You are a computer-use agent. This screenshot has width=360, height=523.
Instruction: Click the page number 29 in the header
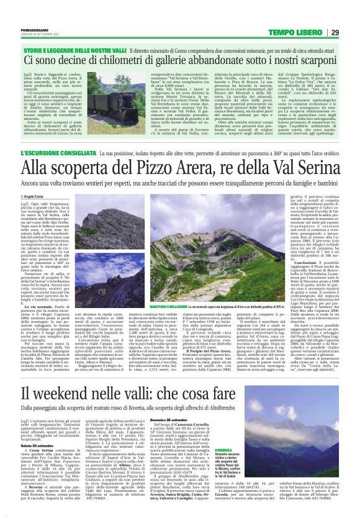coord(335,32)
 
